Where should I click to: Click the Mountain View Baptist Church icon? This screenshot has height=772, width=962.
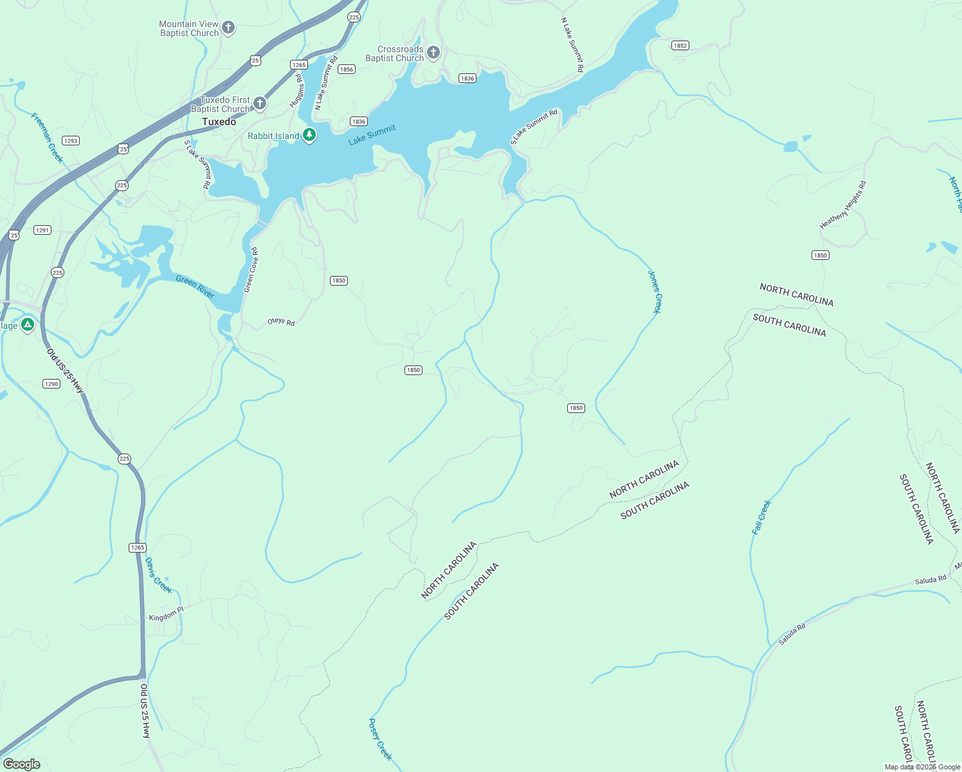[x=228, y=28]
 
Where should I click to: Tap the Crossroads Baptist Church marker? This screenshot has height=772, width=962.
[x=433, y=53]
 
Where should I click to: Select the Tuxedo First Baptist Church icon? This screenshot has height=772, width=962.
[x=260, y=103]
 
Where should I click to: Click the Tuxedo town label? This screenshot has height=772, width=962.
[x=219, y=122]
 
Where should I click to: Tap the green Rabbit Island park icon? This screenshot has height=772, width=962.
[x=309, y=135]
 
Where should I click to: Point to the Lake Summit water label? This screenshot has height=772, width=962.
[x=372, y=135]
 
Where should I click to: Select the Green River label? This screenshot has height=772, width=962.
[x=195, y=286]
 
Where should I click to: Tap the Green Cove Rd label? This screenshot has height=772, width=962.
[x=251, y=270]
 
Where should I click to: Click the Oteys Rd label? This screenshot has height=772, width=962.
[x=281, y=322]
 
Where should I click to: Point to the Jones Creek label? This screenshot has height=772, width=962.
[x=655, y=291]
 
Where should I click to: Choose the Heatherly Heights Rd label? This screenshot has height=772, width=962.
[x=843, y=205]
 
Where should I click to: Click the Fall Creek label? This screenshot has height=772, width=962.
[x=761, y=517]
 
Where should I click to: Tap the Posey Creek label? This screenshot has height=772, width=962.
[x=379, y=739]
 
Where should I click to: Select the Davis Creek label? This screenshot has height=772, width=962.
[x=158, y=575]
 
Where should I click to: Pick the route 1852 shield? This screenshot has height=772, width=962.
[x=680, y=45]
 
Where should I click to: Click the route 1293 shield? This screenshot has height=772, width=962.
[x=70, y=140]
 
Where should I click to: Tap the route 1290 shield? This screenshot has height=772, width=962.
[x=51, y=383]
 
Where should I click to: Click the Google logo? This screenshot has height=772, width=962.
[x=21, y=764]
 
